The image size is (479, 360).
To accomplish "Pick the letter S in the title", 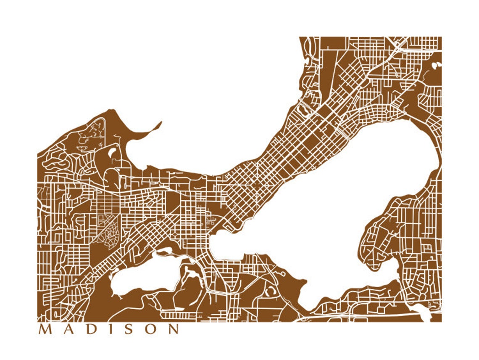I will pos(119,329).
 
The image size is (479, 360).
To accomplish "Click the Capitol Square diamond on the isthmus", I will pos(256,185).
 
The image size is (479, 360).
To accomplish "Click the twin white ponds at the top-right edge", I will pos(436,65).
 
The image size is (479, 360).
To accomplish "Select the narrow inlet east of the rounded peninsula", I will pos(397,269).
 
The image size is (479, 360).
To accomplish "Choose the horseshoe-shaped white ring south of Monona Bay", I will pos(269,290).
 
